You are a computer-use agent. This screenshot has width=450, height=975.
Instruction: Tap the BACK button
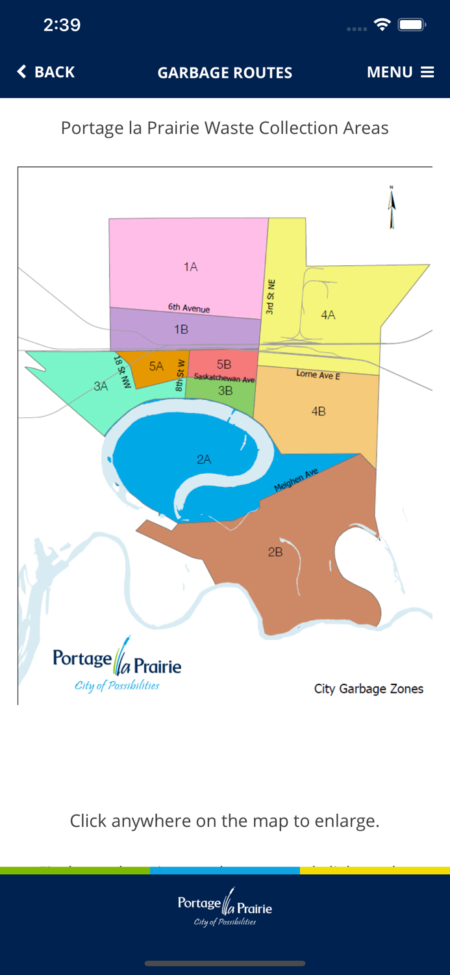pyautogui.click(x=46, y=72)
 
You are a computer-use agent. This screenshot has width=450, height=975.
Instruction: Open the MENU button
pyautogui.click(x=400, y=72)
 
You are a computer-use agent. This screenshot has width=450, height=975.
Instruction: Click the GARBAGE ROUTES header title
pyautogui.click(x=225, y=73)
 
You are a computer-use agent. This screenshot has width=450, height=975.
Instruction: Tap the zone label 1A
pyautogui.click(x=190, y=266)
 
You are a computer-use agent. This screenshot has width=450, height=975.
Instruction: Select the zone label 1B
pyautogui.click(x=181, y=330)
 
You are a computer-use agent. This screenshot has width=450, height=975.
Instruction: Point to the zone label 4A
pyautogui.click(x=328, y=315)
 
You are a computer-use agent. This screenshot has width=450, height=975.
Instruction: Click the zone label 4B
pyautogui.click(x=318, y=411)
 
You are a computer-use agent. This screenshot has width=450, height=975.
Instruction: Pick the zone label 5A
pyautogui.click(x=156, y=367)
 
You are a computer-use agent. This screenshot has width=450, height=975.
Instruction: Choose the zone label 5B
pyautogui.click(x=224, y=365)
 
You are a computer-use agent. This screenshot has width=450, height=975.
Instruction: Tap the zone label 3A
pyautogui.click(x=101, y=386)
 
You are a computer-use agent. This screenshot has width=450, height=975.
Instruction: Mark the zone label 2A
pyautogui.click(x=204, y=460)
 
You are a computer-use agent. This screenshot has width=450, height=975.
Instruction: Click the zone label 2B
pyautogui.click(x=275, y=552)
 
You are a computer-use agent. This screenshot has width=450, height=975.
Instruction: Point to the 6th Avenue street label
pyautogui.click(x=189, y=308)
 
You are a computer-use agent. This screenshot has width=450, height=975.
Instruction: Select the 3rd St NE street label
pyautogui.click(x=271, y=297)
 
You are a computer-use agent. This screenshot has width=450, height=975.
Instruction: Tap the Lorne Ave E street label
pyautogui.click(x=318, y=375)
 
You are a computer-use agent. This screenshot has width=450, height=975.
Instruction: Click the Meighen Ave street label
pyautogui.click(x=296, y=480)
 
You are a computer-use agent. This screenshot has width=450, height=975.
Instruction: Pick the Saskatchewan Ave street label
pyautogui.click(x=224, y=378)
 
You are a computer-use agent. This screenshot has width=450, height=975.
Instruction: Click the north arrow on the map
pyautogui.click(x=392, y=207)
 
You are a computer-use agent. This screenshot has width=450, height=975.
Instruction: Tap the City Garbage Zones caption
pyautogui.click(x=368, y=689)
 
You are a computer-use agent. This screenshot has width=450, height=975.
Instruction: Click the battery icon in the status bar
pyautogui.click(x=412, y=25)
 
